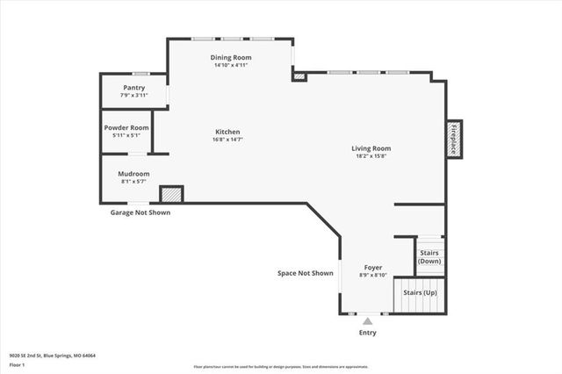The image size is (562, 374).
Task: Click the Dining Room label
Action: [x=231, y=57]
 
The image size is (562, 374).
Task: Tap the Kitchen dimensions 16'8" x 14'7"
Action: [x=227, y=140]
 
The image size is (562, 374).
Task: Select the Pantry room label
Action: [x=133, y=88]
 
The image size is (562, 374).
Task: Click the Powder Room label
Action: [x=126, y=127]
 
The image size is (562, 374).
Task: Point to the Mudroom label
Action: [x=133, y=173]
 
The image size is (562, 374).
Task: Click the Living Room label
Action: [x=371, y=148]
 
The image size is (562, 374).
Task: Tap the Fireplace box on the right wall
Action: [x=454, y=139]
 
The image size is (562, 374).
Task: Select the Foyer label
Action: [x=374, y=267]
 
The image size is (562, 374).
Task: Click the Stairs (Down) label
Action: [x=429, y=257]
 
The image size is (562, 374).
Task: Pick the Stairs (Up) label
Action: [x=419, y=292]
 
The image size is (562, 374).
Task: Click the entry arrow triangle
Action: [x=367, y=321]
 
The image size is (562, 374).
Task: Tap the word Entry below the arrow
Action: [x=367, y=333]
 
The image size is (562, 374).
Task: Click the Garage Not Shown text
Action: [x=140, y=212]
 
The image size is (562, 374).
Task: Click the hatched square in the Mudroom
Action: [x=170, y=194]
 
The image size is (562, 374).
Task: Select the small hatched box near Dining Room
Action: [x=299, y=76]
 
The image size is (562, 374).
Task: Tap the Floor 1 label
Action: [x=17, y=364]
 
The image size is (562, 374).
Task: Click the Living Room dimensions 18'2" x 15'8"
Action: [x=371, y=156]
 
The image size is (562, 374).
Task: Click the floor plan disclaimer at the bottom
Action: [x=281, y=367]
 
